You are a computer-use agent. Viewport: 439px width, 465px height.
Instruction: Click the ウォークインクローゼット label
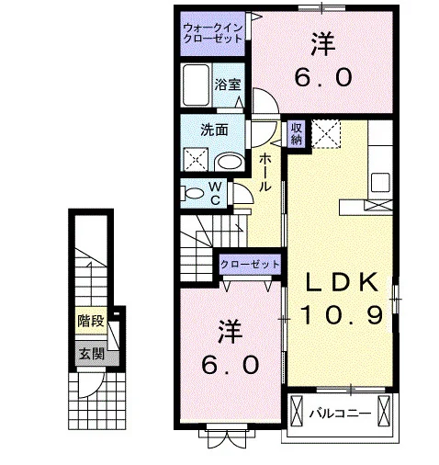[213, 33]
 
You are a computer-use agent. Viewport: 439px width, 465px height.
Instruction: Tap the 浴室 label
[228, 85]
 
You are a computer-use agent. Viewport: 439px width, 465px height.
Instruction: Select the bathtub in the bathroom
[196, 85]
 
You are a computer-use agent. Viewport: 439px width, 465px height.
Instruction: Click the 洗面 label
[214, 130]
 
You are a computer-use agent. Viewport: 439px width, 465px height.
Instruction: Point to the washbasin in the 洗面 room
[230, 163]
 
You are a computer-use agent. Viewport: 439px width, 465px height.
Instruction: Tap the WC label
[216, 193]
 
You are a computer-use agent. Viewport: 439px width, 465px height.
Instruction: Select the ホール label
[265, 172]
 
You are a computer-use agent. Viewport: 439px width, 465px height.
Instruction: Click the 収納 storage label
[297, 133]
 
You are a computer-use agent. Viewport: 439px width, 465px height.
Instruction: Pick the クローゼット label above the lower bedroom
[250, 264]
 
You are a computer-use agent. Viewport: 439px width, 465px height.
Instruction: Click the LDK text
[342, 282]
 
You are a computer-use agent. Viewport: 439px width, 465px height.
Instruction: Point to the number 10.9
[342, 315]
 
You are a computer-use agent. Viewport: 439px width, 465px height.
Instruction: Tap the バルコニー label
[340, 414]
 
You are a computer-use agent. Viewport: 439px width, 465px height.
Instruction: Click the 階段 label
[91, 321]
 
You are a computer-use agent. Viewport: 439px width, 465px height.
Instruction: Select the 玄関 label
[92, 354]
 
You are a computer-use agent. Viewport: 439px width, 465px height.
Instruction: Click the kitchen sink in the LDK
[380, 183]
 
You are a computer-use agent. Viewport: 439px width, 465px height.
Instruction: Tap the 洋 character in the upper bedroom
[323, 44]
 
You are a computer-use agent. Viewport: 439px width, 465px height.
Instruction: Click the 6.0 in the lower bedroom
[231, 365]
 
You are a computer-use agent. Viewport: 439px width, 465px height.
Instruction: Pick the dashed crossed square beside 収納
[326, 134]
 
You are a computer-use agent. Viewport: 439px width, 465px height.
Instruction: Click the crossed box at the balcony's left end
[296, 411]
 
